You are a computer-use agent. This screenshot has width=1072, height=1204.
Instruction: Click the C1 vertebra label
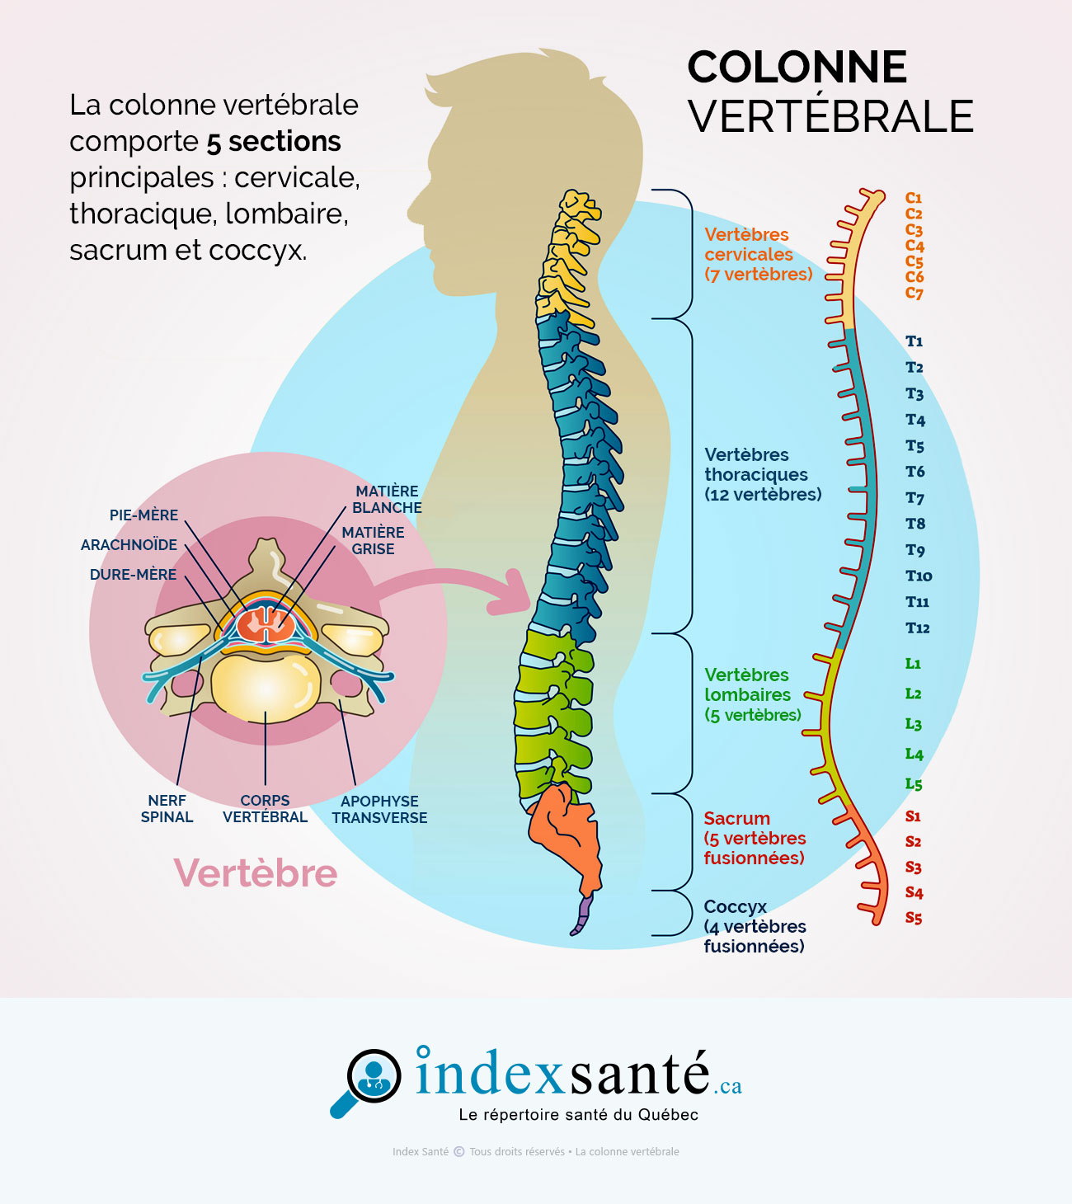click(x=914, y=198)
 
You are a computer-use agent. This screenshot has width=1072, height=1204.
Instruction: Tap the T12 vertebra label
click(x=917, y=628)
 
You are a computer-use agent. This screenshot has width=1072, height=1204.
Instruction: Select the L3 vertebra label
click(x=914, y=724)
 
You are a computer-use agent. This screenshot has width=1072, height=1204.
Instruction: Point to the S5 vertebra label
click(x=914, y=918)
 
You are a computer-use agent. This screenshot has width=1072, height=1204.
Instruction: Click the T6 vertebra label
click(x=915, y=472)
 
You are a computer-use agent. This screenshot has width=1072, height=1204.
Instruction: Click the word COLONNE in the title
click(x=797, y=68)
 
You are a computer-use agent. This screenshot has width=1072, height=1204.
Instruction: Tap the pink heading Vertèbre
click(x=256, y=872)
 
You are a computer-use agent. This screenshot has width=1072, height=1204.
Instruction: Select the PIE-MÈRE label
click(x=143, y=515)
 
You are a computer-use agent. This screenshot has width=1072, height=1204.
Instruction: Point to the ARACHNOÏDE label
click(x=129, y=545)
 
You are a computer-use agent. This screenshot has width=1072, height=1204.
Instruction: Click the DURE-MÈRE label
click(x=133, y=575)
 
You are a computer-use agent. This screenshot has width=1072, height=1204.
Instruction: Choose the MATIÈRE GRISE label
click(x=373, y=541)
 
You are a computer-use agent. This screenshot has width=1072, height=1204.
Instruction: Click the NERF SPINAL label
click(x=167, y=809)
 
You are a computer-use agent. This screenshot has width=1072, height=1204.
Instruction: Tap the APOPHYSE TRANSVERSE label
click(x=379, y=810)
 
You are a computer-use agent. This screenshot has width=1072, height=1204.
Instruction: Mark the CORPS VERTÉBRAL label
click(x=265, y=809)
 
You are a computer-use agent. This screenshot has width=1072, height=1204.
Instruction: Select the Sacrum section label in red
click(x=754, y=838)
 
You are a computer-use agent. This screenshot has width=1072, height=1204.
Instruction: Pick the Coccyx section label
click(x=754, y=926)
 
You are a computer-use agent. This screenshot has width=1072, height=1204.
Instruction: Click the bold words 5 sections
click(x=274, y=142)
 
